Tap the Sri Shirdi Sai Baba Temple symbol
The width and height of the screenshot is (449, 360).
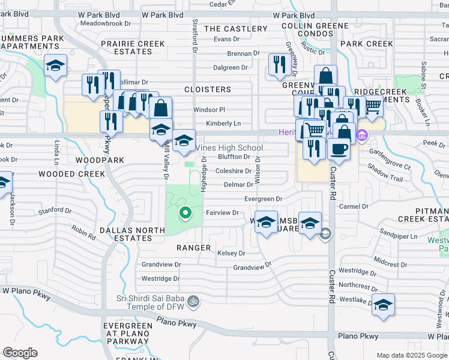[x=193, y=300]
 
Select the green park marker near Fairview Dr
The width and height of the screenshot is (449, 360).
[x=185, y=212]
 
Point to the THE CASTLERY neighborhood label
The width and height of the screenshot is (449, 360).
[x=235, y=29]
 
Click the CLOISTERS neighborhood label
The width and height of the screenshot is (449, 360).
[x=207, y=89]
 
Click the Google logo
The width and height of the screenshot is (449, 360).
[x=20, y=353]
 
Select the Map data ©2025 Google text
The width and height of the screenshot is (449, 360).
[x=411, y=355]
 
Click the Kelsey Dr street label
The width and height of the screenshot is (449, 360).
[x=231, y=254]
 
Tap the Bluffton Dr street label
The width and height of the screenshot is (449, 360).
[x=234, y=157]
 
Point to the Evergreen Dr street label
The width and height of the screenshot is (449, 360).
[x=263, y=199]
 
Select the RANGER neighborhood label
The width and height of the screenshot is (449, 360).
[x=193, y=248]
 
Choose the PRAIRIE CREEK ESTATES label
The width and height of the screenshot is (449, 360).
[x=135, y=47]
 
